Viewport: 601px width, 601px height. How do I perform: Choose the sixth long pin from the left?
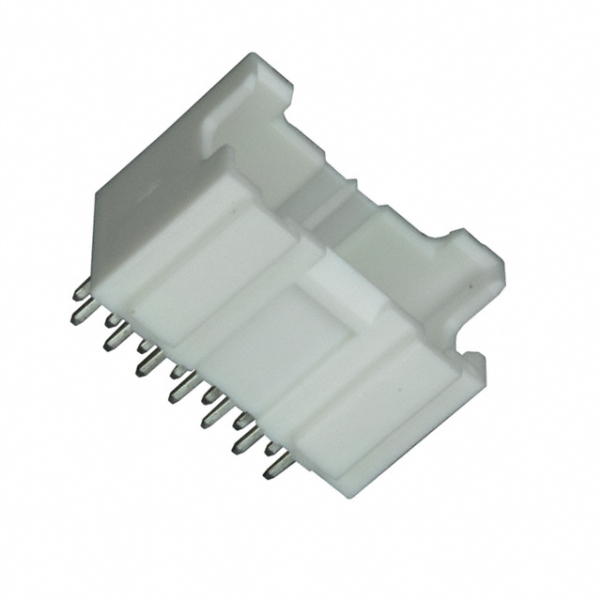tap(239, 440)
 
